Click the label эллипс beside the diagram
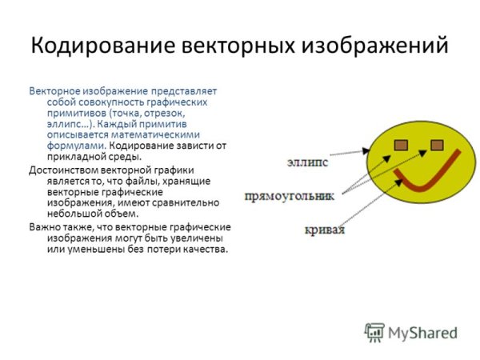click(308, 163)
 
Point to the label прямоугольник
click(290, 195)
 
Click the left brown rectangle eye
click(401, 145)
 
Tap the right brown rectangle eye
click(437, 145)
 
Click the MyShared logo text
click(422, 333)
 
